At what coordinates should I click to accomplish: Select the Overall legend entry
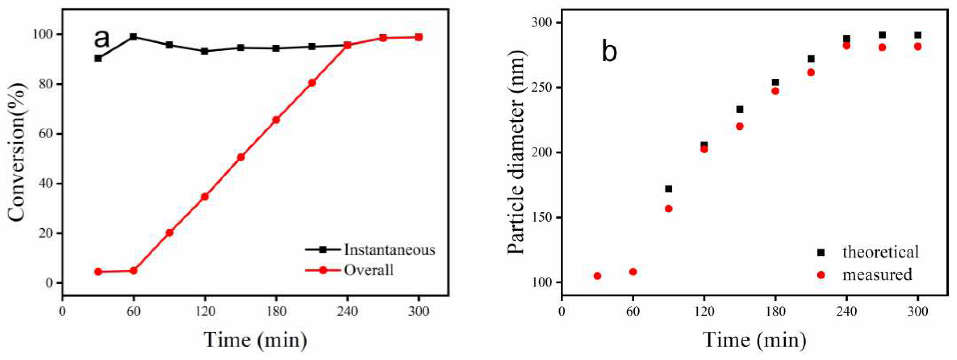pyautogui.click(x=368, y=270)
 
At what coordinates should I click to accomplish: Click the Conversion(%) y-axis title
pyautogui.click(x=18, y=153)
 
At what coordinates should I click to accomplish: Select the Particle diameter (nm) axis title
pyautogui.click(x=516, y=153)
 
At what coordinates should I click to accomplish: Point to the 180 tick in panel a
pyautogui.click(x=276, y=312)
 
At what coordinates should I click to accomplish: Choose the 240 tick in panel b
pyautogui.click(x=846, y=312)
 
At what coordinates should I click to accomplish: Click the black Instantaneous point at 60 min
pyautogui.click(x=134, y=37)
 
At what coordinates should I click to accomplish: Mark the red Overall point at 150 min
pyautogui.click(x=240, y=157)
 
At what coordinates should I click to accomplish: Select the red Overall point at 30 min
pyautogui.click(x=98, y=272)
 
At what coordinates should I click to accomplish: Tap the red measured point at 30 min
pyautogui.click(x=597, y=276)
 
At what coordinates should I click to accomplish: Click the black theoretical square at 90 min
pyautogui.click(x=668, y=189)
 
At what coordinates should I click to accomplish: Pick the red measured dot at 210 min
pyautogui.click(x=811, y=73)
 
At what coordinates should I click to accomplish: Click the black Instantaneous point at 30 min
pyautogui.click(x=98, y=58)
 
